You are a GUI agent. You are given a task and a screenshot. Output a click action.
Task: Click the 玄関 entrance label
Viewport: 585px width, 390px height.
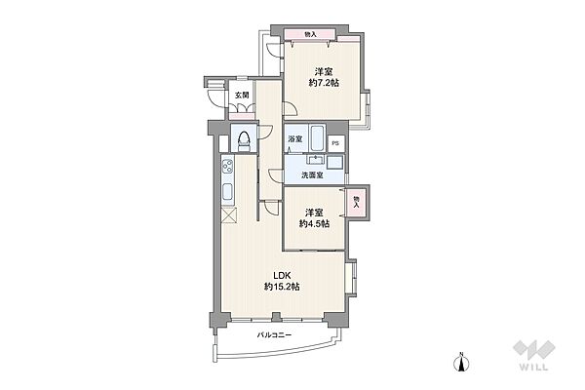click(242, 96)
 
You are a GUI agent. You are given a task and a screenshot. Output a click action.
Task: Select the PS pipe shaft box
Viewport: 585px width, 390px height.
click(335, 143)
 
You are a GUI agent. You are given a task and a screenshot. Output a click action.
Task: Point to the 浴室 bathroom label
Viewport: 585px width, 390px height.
click(294, 139)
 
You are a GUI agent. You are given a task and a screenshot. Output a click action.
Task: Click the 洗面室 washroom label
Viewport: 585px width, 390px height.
click(312, 175)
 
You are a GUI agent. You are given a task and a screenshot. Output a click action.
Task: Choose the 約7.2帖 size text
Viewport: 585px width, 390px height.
click(324, 83)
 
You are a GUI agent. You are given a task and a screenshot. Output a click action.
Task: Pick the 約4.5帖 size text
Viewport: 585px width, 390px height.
click(314, 223)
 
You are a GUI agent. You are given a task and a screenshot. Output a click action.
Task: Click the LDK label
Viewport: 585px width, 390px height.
click(282, 275)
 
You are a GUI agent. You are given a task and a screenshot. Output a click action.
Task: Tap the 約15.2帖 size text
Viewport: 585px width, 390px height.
click(282, 287)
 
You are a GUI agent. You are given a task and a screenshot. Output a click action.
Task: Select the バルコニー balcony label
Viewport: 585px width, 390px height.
click(274, 334)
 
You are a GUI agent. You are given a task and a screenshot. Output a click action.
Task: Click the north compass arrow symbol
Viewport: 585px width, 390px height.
click(461, 363)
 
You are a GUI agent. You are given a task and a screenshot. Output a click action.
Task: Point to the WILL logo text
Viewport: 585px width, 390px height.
click(533, 367)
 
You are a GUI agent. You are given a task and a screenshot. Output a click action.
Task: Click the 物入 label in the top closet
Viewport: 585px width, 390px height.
click(310, 34)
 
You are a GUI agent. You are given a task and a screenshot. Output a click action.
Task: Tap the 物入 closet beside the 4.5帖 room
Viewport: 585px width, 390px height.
click(357, 202)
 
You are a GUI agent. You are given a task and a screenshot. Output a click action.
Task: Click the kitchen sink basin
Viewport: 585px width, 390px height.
click(227, 192)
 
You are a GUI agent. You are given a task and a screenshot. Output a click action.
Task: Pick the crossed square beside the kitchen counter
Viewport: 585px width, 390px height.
click(228, 215)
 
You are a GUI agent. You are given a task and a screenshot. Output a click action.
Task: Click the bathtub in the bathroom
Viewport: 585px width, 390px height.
click(318, 137)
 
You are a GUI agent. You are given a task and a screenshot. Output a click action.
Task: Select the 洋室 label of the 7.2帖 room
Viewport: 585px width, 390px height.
click(324, 71)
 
